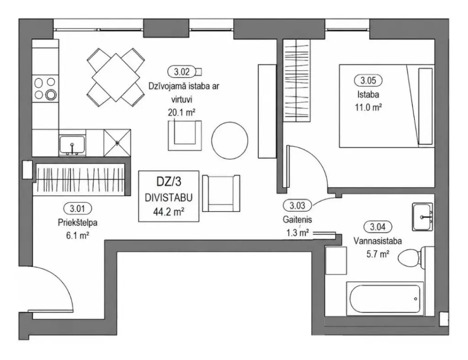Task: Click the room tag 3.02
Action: coord(182,72)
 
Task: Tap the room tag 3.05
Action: coord(368,81)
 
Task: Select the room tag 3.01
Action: coord(78,209)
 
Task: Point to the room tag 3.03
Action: coord(297,205)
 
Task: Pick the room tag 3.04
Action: coord(378,227)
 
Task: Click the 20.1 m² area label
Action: coord(181,113)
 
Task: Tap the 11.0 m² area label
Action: coord(368,107)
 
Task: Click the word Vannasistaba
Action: coord(378,241)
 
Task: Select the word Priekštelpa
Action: coord(78,223)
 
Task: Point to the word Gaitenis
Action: coord(297,220)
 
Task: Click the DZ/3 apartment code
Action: coord(169,182)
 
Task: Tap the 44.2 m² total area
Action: coord(169,212)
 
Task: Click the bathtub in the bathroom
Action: coord(385,298)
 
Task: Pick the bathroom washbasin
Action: coord(422,217)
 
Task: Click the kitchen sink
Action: coord(72,145)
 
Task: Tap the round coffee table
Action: coord(230,140)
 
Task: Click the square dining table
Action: coord(116,78)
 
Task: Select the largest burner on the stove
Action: coord(51,95)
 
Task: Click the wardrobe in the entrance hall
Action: coord(80,180)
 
